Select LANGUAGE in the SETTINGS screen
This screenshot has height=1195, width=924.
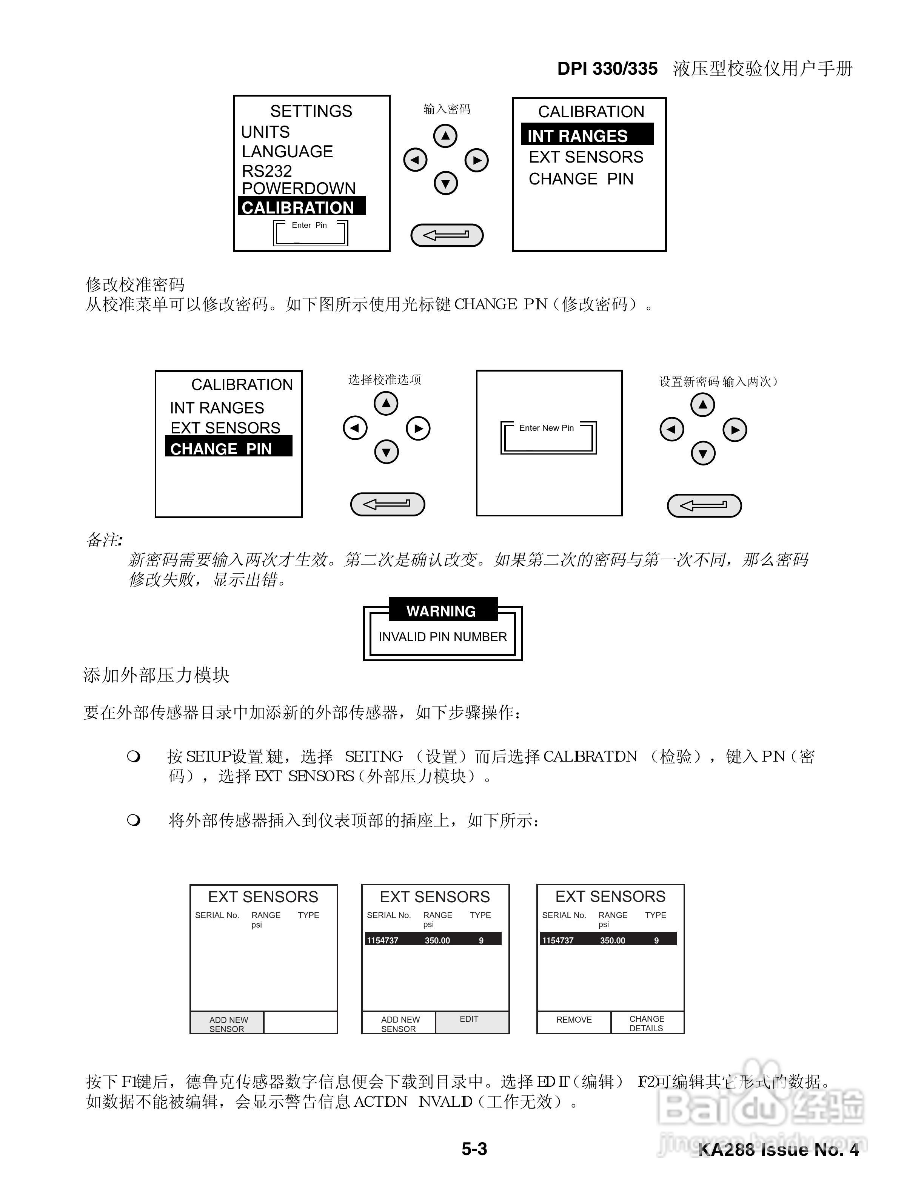[x=287, y=152]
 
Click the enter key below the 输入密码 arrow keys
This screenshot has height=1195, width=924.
[x=447, y=235]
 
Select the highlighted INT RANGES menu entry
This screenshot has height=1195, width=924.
[x=587, y=135]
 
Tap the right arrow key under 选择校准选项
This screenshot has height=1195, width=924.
[x=418, y=429]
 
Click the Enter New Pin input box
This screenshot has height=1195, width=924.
[x=548, y=437]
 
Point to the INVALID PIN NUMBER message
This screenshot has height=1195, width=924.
[x=442, y=637]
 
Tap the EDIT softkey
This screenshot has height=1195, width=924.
[x=469, y=1019]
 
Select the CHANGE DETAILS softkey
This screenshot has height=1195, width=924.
[x=647, y=1023]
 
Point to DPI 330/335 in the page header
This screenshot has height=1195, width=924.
[x=607, y=69]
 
